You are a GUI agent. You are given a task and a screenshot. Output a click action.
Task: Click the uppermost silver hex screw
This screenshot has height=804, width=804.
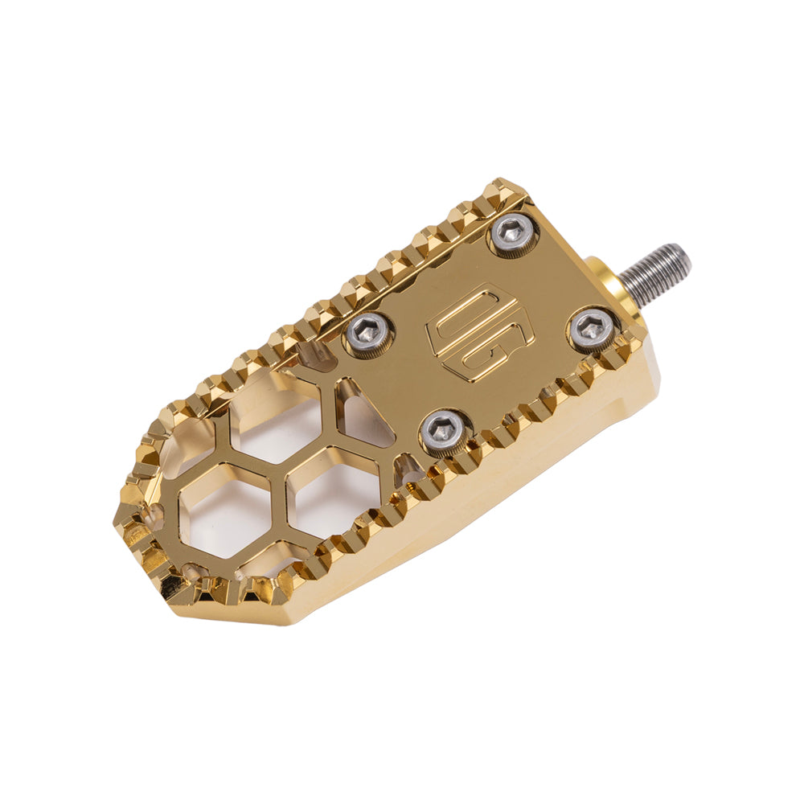[x=514, y=233]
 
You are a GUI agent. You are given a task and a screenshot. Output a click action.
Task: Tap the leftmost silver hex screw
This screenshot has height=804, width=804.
[x=370, y=330]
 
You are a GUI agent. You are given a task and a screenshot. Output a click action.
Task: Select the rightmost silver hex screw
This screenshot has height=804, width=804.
[x=593, y=328]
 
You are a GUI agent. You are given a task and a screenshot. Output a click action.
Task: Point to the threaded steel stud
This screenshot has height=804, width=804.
[x=655, y=274]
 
